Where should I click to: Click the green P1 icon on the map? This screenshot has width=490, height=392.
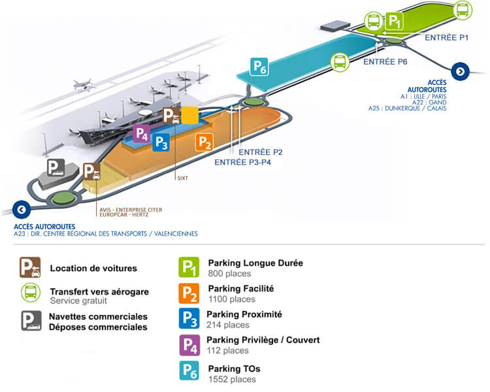click(x=395, y=22)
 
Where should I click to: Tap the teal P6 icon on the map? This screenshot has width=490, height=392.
click(x=259, y=67)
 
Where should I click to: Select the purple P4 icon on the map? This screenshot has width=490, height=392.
click(x=141, y=133)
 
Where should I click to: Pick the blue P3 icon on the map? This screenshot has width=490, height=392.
click(x=161, y=142)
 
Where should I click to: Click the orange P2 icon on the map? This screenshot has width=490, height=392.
click(x=204, y=142)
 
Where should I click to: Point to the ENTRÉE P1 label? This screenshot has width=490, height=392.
click(x=447, y=38)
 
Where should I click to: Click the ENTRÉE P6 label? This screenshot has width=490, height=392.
click(x=385, y=61)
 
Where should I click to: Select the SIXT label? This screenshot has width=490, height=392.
click(x=182, y=176)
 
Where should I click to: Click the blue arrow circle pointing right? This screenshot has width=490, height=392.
click(x=461, y=72)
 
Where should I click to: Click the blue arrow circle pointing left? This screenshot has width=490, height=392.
click(x=22, y=210)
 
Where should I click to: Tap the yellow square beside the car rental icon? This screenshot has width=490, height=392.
click(x=189, y=115)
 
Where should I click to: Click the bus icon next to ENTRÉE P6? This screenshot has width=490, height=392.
click(x=340, y=63)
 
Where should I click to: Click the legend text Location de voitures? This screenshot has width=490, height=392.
click(x=93, y=268)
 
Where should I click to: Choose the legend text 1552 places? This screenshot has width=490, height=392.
click(x=231, y=379)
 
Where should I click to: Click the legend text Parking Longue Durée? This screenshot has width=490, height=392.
click(x=255, y=263)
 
